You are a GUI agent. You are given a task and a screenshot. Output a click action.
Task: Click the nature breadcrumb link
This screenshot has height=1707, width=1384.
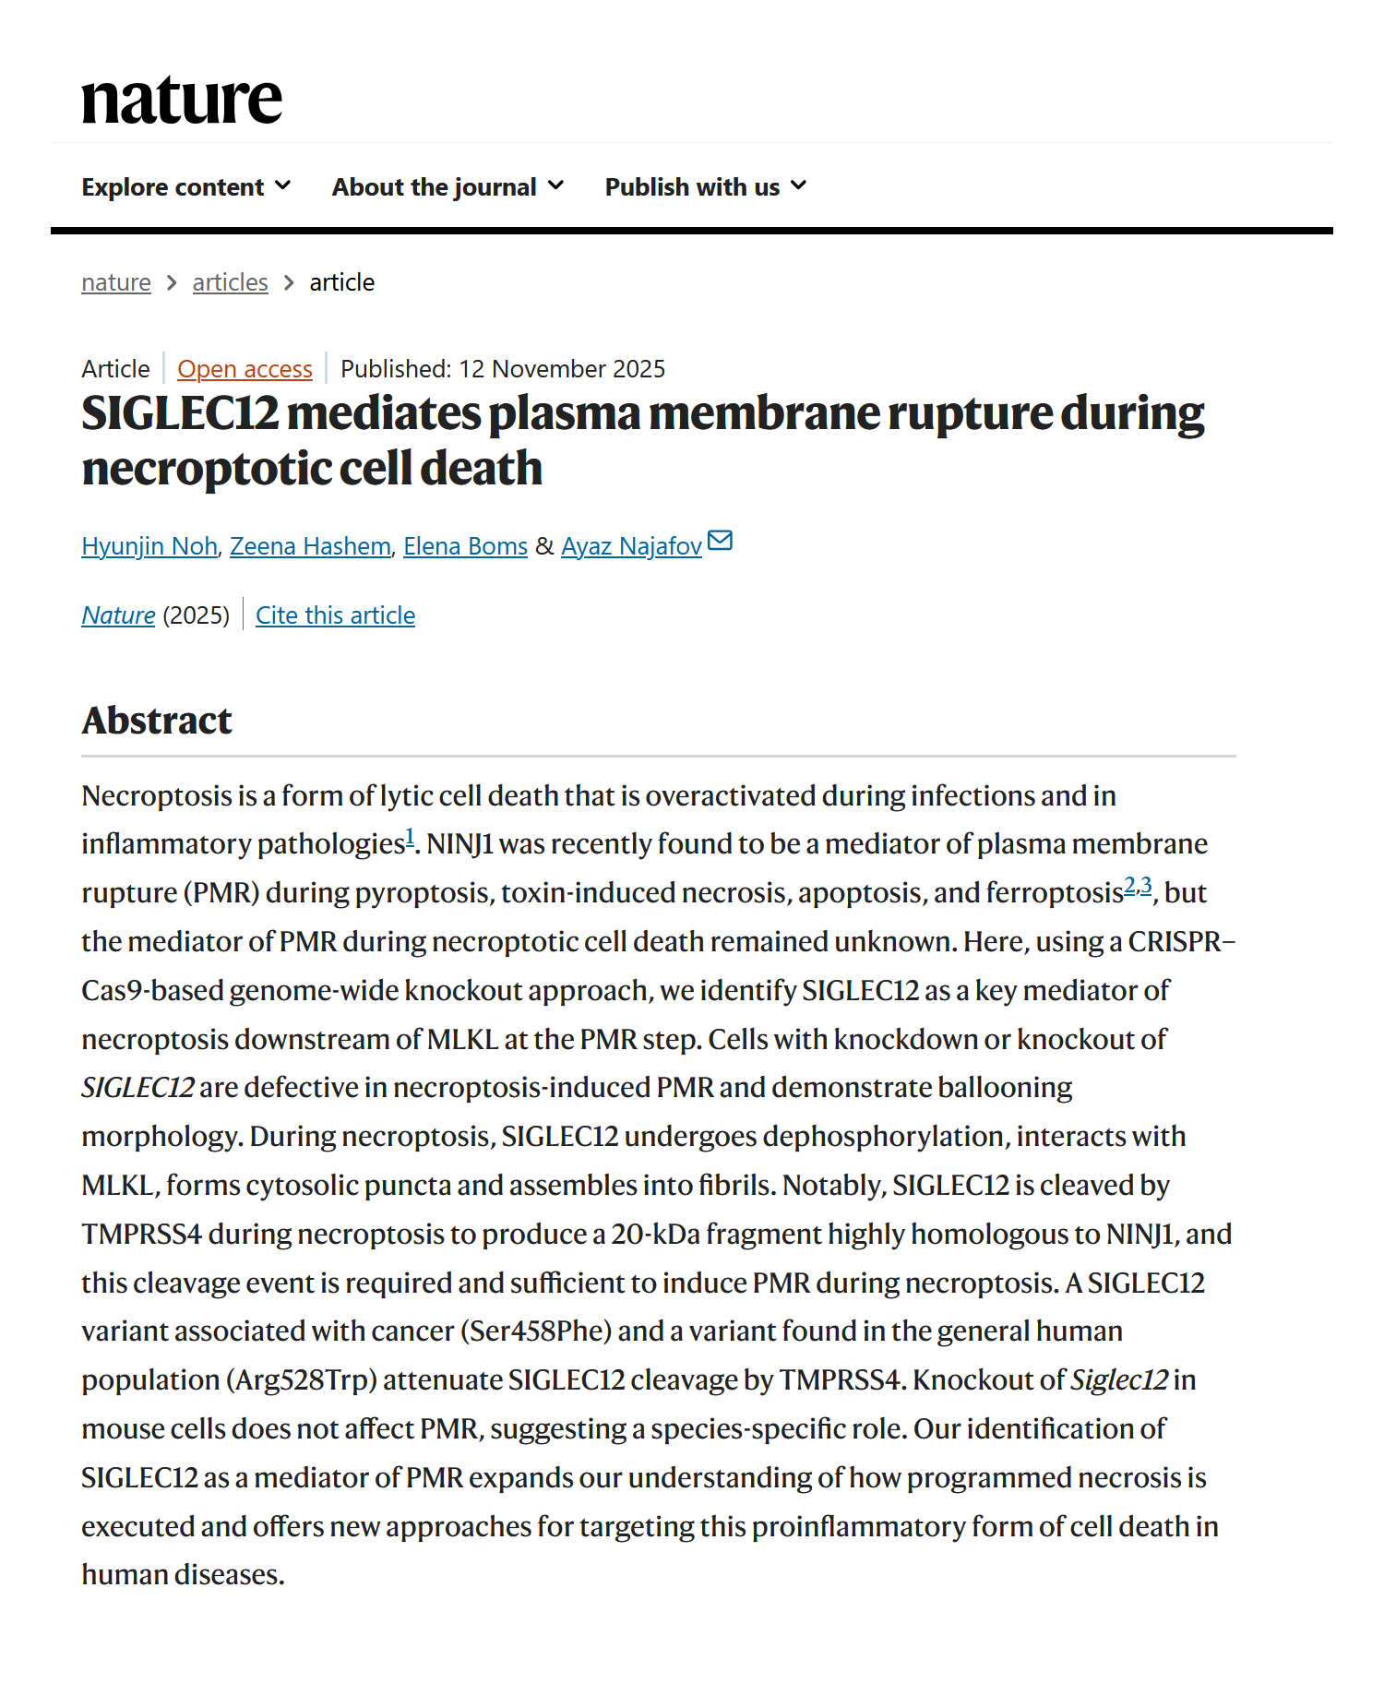(116, 282)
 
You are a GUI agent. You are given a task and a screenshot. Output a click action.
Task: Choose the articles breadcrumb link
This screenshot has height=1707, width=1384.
(230, 282)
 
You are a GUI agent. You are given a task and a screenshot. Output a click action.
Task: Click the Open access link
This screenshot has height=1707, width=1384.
(245, 369)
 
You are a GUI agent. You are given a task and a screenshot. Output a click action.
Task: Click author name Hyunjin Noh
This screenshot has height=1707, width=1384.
(149, 546)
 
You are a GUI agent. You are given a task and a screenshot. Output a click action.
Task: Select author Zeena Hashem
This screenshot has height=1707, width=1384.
(310, 546)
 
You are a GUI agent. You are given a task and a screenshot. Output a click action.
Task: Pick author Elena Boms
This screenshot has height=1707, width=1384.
(465, 546)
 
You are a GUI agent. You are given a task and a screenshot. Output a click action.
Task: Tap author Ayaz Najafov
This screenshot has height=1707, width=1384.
(631, 546)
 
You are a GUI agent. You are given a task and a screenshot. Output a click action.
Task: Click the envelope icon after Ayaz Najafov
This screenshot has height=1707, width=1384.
(720, 541)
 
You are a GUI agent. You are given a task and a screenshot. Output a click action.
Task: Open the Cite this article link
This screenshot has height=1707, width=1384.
(335, 615)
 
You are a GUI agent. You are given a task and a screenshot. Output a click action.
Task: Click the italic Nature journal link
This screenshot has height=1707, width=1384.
(118, 615)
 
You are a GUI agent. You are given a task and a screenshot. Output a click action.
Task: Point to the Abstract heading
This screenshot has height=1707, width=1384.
(157, 721)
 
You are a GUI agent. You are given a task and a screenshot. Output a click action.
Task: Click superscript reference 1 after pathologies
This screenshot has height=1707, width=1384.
(410, 838)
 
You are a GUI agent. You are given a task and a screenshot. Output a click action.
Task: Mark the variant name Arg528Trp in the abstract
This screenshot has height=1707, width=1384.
(302, 1380)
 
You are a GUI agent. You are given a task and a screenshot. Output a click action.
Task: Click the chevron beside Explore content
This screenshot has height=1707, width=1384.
(283, 186)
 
